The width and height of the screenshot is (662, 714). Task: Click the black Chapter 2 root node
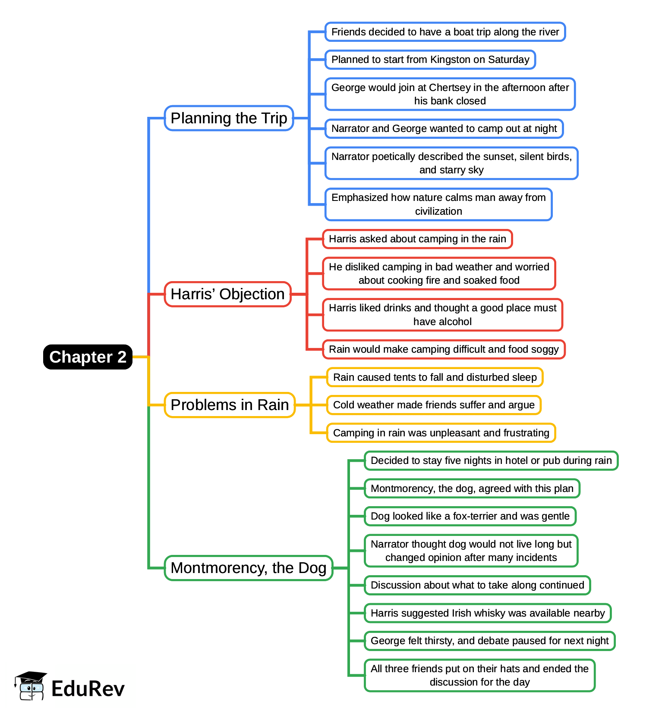pyautogui.click(x=88, y=357)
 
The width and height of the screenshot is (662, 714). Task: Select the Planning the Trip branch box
pyautogui.click(x=229, y=118)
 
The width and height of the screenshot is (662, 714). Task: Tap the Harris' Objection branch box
pyautogui.click(x=227, y=294)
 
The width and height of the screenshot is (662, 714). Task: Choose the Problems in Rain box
pyautogui.click(x=230, y=405)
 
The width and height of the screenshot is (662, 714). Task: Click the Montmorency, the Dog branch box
pyautogui.click(x=248, y=568)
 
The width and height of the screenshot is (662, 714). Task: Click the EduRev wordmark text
pyautogui.click(x=88, y=689)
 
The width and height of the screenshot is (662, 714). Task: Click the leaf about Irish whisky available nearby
pyautogui.click(x=488, y=613)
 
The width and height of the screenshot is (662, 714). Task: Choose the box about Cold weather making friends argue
pyautogui.click(x=434, y=405)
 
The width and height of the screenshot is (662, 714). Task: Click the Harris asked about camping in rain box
pyautogui.click(x=417, y=239)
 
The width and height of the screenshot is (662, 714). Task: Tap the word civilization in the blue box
pyautogui.click(x=438, y=211)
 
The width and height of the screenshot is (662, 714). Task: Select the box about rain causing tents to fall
pyautogui.click(x=435, y=377)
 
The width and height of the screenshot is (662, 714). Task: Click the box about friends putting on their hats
pyautogui.click(x=479, y=675)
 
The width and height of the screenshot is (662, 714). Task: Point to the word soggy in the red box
pyautogui.click(x=545, y=349)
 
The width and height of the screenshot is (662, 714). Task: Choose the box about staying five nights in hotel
pyautogui.click(x=491, y=460)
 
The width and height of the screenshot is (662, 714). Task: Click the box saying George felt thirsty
pyautogui.click(x=489, y=641)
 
